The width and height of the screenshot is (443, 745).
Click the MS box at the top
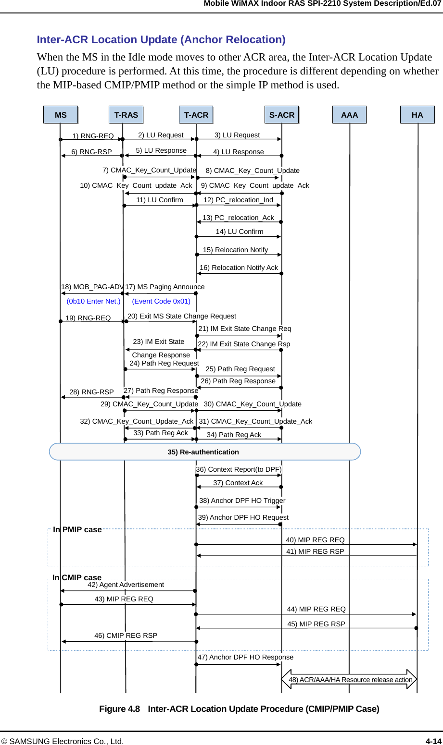[x=61, y=115]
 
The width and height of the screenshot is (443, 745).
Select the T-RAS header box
[x=126, y=115]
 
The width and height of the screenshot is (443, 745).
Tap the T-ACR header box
[x=196, y=115]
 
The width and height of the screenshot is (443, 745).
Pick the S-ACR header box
[x=281, y=115]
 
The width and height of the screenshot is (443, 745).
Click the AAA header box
[x=350, y=115]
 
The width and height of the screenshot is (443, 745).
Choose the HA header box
[x=417, y=115]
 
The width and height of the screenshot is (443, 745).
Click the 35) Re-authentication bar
[x=204, y=452]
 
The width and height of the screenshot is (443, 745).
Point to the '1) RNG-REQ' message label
[x=93, y=136]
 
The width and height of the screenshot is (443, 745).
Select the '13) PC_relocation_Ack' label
[x=238, y=218]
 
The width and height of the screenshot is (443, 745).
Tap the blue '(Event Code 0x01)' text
[x=161, y=301]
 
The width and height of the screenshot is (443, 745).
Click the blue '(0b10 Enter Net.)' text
[x=93, y=301]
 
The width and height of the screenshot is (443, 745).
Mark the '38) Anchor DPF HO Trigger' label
[x=242, y=501]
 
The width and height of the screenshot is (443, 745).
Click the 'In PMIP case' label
[x=77, y=529]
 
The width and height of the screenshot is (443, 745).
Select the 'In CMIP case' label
[x=77, y=577]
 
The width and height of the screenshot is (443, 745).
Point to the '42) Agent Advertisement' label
[x=126, y=585]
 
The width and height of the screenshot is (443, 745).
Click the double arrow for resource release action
[x=349, y=679]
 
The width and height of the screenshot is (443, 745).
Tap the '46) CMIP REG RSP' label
[x=126, y=635]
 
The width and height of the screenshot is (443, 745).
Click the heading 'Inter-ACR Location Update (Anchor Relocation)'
[x=161, y=39]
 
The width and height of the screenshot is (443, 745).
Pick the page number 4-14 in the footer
[x=433, y=741]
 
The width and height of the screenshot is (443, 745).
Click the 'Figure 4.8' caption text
[x=119, y=708]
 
